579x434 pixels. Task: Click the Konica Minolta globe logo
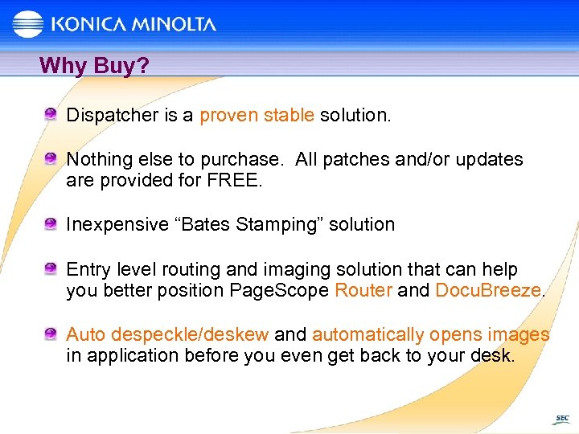27,23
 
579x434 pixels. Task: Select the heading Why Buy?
94,65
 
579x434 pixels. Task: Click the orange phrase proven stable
257,115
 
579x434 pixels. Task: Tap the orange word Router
363,290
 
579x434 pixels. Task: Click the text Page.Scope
281,290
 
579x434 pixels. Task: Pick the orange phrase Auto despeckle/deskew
167,334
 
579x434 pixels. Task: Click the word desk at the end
491,355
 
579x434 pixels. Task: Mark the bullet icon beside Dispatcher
51,114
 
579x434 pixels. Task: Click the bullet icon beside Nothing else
51,158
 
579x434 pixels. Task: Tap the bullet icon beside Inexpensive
51,224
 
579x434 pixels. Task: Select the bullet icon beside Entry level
51,268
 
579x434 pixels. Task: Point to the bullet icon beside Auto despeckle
51,334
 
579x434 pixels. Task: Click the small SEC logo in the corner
561,419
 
